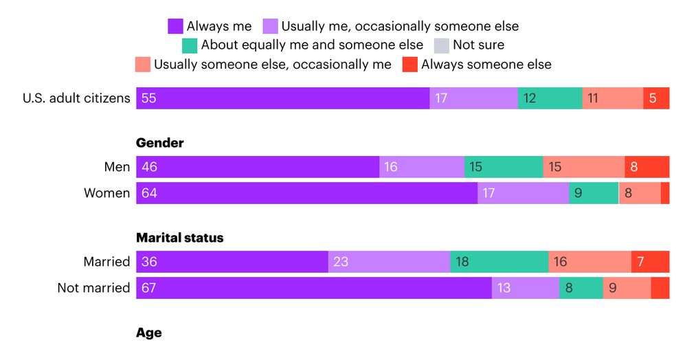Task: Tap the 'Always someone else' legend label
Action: (x=486, y=65)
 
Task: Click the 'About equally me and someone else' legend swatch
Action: (x=190, y=45)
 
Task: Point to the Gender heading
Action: (x=160, y=143)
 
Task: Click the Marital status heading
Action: (x=180, y=238)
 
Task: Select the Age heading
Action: (x=149, y=333)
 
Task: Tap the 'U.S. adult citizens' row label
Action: (x=76, y=98)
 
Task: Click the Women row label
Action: (x=106, y=193)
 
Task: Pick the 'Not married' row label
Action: (x=93, y=288)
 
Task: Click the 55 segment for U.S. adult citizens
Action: (x=282, y=98)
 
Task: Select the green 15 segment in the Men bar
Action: (x=504, y=167)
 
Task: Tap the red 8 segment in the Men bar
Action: (x=646, y=167)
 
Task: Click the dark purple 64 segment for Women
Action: (x=306, y=193)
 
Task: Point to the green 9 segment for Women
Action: (x=594, y=193)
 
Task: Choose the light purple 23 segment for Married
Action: (x=389, y=262)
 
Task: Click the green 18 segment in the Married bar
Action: (x=499, y=262)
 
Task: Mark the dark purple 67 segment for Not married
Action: (x=314, y=288)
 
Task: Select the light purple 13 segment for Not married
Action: (x=526, y=288)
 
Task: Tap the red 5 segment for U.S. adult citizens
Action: (x=656, y=98)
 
